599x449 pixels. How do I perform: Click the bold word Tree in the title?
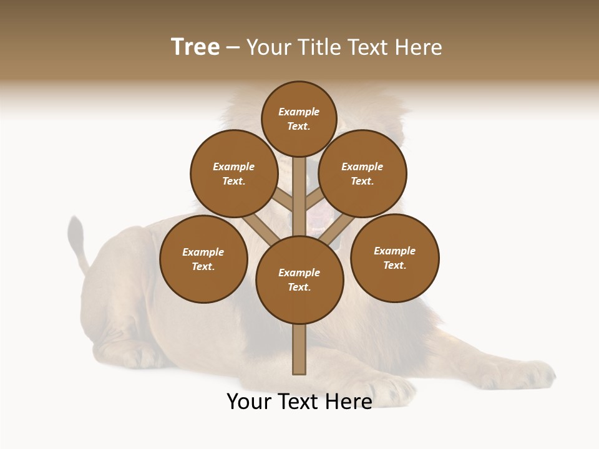195,47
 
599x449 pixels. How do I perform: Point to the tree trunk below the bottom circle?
299,349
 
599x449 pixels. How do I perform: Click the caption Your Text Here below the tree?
299,402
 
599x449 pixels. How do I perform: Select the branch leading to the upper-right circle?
315,200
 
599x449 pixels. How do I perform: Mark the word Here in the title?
419,47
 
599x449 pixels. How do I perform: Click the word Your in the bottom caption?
248,402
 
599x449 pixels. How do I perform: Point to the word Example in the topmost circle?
299,112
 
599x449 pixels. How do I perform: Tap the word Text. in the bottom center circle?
299,287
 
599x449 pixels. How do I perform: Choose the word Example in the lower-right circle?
394,251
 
